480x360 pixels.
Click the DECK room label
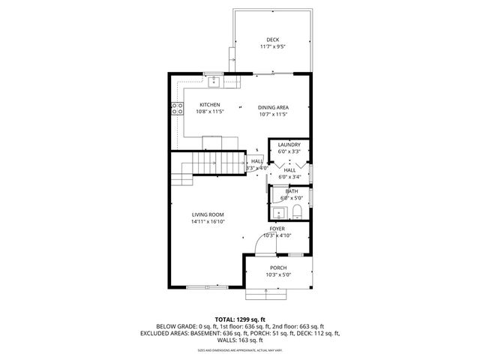pyautogui.click(x=273, y=40)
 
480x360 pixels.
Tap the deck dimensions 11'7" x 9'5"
pyautogui.click(x=273, y=47)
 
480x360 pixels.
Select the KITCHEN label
pyautogui.click(x=209, y=104)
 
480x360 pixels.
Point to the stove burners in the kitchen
pyautogui.click(x=179, y=109)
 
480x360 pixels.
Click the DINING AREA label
pyautogui.click(x=273, y=107)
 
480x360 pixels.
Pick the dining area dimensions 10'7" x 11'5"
pyautogui.click(x=273, y=115)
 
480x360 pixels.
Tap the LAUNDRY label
pyautogui.click(x=289, y=145)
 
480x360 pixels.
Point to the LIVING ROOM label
pyautogui.click(x=208, y=214)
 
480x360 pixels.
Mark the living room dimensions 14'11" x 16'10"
pyautogui.click(x=208, y=222)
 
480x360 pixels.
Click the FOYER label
pyautogui.click(x=277, y=228)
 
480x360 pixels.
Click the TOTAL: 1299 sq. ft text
pyautogui.click(x=239, y=319)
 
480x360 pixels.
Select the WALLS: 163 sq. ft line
pyautogui.click(x=239, y=340)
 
